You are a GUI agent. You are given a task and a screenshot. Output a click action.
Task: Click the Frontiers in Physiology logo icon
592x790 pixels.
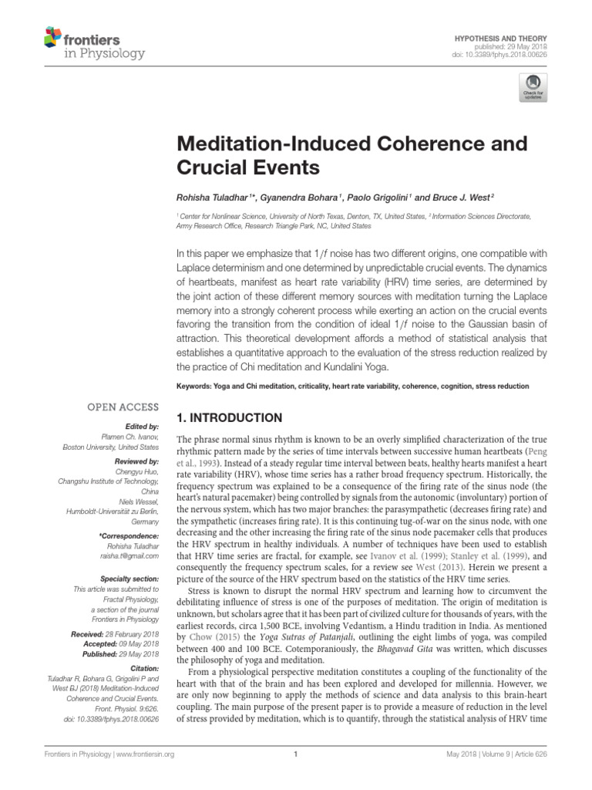(x=52, y=36)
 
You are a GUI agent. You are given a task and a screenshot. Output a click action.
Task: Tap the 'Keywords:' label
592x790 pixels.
(x=196, y=385)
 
